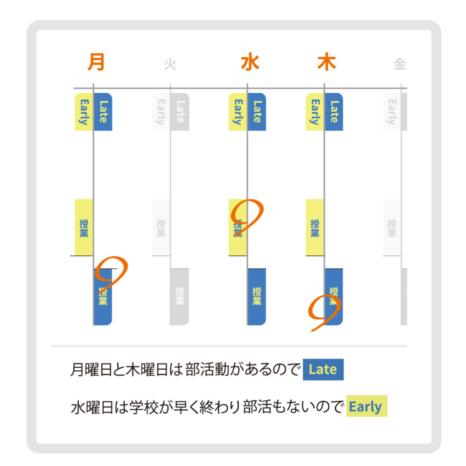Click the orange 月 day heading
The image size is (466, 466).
pos(96,62)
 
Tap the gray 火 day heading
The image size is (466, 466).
pos(170,64)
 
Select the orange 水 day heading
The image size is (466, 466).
pos(250,62)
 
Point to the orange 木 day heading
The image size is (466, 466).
pos(327,62)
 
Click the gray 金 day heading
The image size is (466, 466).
pos(400,64)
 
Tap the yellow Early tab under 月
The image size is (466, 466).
pos(84,112)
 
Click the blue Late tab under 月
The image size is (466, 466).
pos(103,112)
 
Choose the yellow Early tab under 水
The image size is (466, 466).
pos(238,112)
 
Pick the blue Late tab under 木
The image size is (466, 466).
pos(334,112)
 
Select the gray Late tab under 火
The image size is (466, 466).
pos(180,112)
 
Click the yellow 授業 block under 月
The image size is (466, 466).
pos(84,228)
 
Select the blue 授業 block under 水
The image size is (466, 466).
pos(257,297)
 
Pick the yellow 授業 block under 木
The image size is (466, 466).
pos(315,228)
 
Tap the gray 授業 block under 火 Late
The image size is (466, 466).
pos(180,297)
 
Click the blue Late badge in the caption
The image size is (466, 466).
pos(324,370)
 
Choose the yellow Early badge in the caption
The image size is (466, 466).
pos(367,406)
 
